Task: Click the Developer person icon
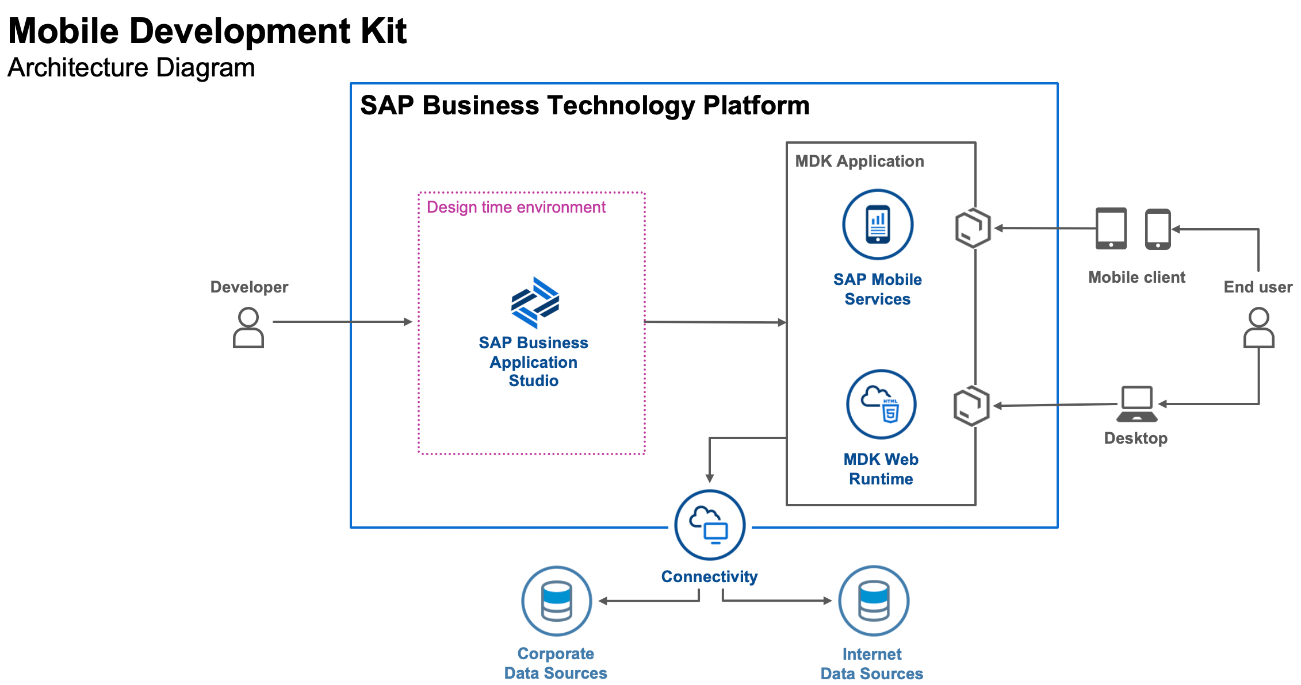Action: pos(248,328)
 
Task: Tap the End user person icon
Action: pos(1258,328)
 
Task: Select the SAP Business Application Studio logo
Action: pos(535,302)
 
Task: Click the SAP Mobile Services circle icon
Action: pos(878,225)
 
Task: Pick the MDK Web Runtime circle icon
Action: pos(881,405)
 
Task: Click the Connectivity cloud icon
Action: pos(710,525)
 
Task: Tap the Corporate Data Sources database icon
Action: pos(556,601)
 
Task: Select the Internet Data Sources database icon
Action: pos(874,601)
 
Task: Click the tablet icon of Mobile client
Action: pos(1111,228)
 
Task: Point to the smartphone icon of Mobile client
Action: pos(1158,229)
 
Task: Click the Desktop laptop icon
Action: pos(1137,404)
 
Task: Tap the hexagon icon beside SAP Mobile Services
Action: pos(973,228)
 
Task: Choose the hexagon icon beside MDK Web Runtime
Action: pos(971,406)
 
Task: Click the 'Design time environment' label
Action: pos(516,207)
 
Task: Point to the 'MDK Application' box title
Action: pos(859,161)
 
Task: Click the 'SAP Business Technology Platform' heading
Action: pos(584,106)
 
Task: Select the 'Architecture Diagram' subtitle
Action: pos(131,68)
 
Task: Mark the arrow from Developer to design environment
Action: pos(342,322)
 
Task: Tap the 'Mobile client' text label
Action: pos(1137,278)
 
